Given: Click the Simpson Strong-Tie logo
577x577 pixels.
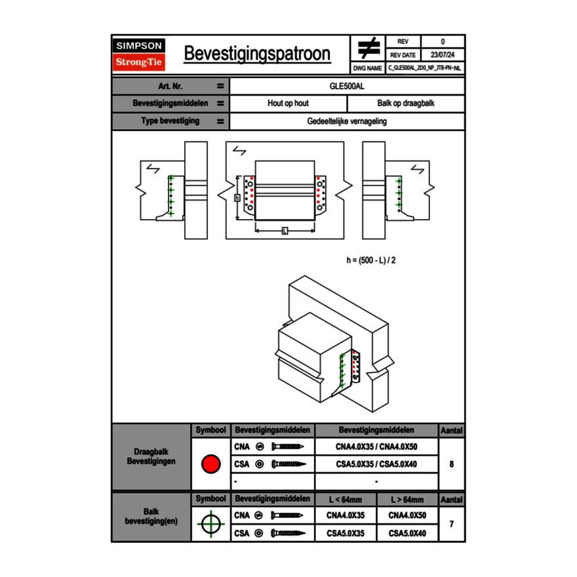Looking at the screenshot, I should tap(140, 54).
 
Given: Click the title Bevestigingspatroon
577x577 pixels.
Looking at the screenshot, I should tap(257, 54).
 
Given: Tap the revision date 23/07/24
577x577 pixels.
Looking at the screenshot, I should tap(443, 55).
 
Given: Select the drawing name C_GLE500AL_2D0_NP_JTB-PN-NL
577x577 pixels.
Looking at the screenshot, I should tap(424, 68).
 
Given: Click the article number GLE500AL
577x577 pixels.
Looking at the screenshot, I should tap(347, 86).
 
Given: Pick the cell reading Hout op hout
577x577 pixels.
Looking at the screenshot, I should tap(288, 104).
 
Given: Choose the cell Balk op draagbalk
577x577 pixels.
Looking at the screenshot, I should tap(406, 104).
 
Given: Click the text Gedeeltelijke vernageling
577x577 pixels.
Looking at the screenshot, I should tap(347, 121).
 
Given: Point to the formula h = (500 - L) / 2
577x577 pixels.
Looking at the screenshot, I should tap(371, 260).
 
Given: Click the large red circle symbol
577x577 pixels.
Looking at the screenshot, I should tap(210, 464).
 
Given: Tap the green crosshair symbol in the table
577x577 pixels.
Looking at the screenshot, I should tap(210, 524).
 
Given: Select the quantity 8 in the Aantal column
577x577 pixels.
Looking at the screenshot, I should tap(452, 464).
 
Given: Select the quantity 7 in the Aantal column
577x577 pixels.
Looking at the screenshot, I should tap(452, 524).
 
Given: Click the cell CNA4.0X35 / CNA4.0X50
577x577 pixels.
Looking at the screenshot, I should tap(376, 447).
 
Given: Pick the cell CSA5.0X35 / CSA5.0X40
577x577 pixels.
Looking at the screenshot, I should tap(376, 464).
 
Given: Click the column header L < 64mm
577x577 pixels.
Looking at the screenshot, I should tap(346, 500).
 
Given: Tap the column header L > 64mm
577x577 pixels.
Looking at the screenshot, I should tap(407, 500).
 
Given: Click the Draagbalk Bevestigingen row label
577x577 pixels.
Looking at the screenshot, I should tap(151, 457).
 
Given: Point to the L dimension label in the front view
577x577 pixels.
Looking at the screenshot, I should tap(285, 230).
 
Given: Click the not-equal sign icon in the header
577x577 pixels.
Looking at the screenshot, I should tap(368, 49).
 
